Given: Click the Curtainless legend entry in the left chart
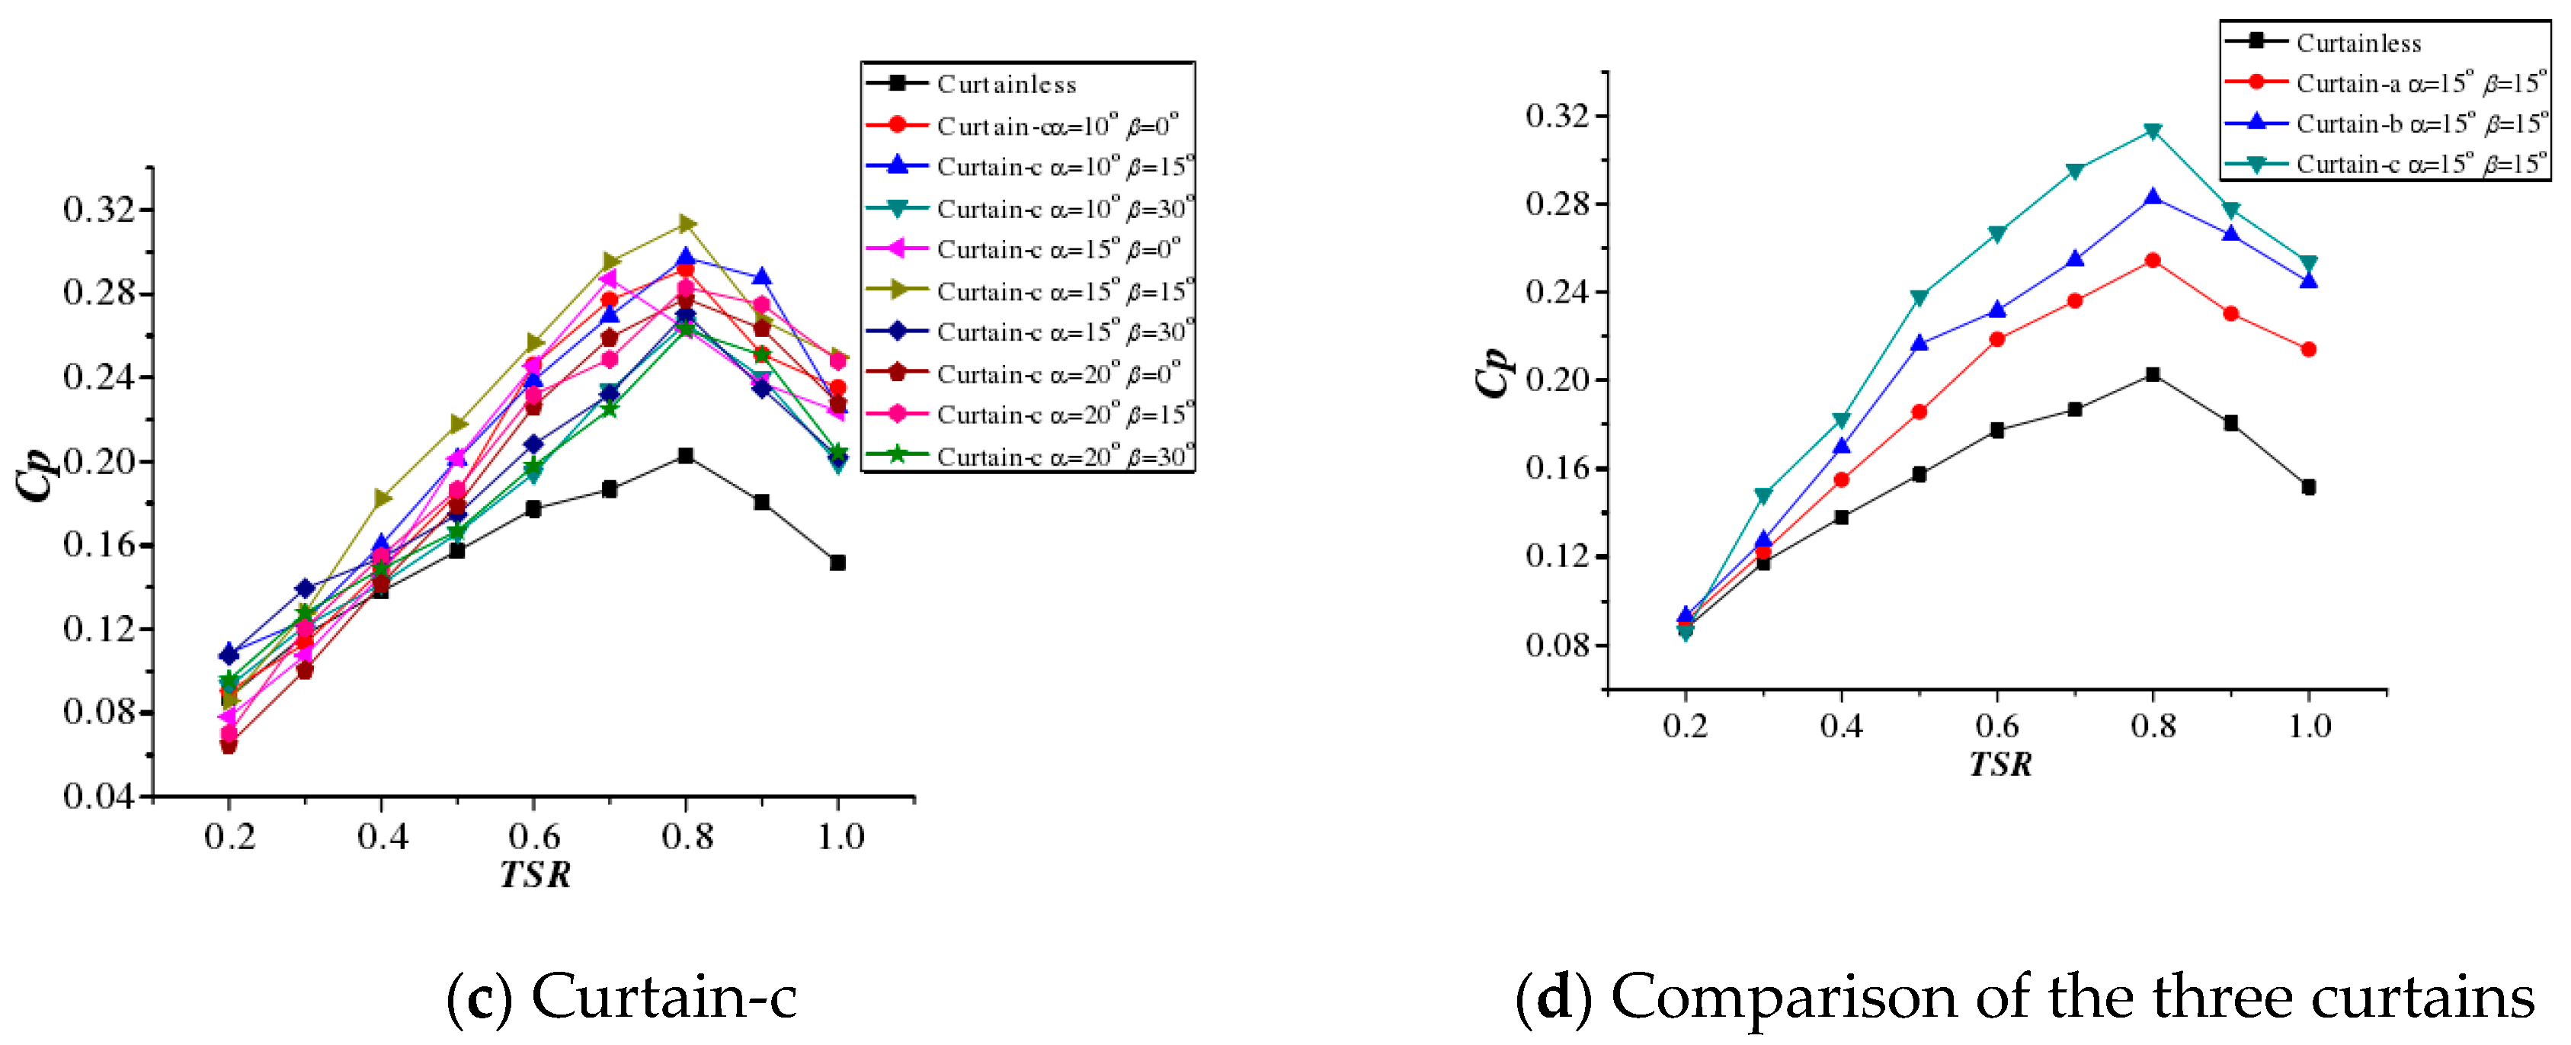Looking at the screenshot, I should click(1005, 84).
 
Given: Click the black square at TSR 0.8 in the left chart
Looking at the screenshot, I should click(685, 455).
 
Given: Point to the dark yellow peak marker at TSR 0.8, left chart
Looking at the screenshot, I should click(687, 223).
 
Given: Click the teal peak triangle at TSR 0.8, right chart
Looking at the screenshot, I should click(2153, 132).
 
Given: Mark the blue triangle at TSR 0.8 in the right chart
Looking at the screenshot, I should click(2153, 197).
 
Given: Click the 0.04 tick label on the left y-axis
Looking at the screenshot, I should click(97, 797).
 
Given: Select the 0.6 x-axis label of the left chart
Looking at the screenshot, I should click(534, 836).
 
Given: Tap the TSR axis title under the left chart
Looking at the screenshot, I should click(535, 874).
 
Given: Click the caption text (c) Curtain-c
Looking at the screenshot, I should click(621, 996).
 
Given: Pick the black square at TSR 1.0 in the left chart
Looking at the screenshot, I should click(837, 563).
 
